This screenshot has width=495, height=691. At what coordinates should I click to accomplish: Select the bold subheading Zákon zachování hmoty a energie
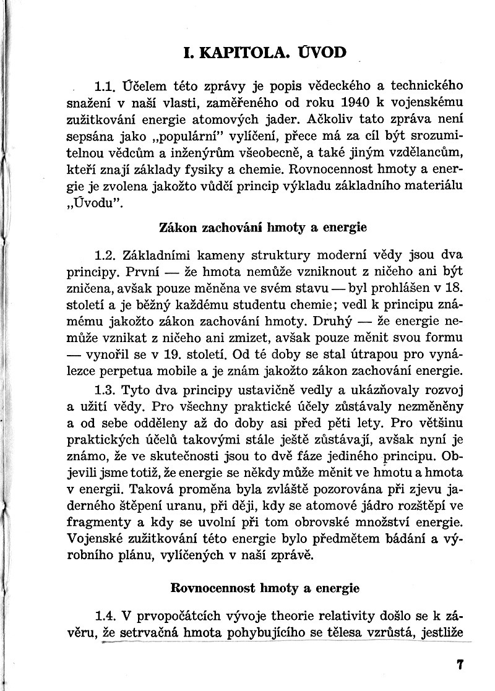pos(263,227)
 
